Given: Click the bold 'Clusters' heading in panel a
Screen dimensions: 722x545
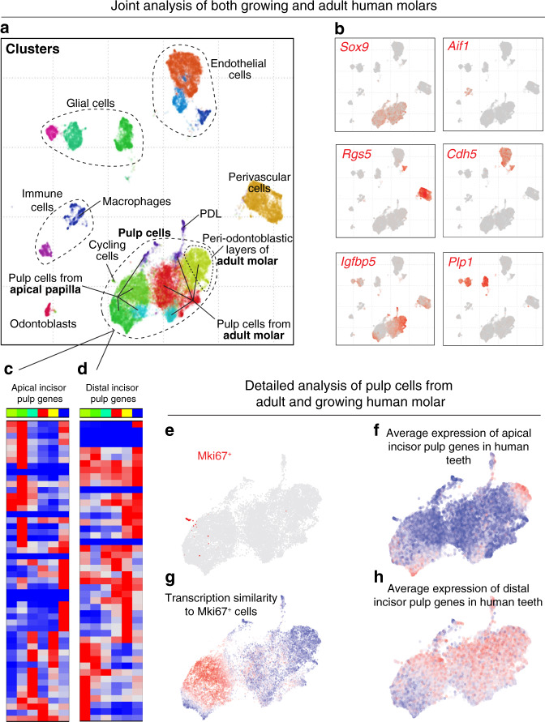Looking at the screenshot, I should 34,50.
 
